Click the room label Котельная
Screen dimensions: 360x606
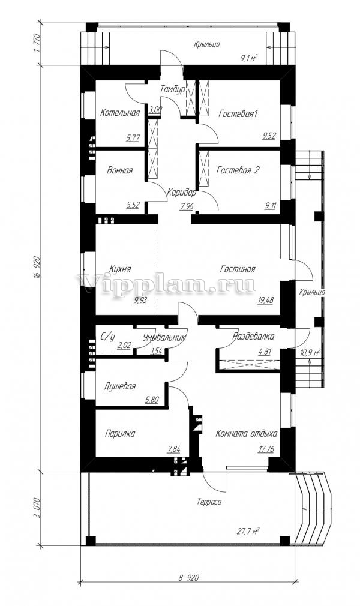pyautogui.click(x=120, y=113)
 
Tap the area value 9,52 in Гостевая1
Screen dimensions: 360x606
pyautogui.click(x=269, y=136)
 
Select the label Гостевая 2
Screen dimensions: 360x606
pyautogui.click(x=238, y=170)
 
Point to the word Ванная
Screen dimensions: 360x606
pyautogui.click(x=119, y=170)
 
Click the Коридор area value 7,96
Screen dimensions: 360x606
pyautogui.click(x=187, y=206)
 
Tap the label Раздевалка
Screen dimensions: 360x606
pyautogui.click(x=253, y=336)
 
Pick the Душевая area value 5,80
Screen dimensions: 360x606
pyautogui.click(x=152, y=400)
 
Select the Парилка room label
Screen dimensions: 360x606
pyautogui.click(x=120, y=434)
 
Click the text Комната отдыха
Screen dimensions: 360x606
pyautogui.click(x=247, y=434)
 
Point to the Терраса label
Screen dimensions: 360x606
pyautogui.click(x=209, y=502)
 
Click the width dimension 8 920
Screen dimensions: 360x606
pyautogui.click(x=189, y=578)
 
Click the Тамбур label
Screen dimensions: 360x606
pyautogui.click(x=173, y=89)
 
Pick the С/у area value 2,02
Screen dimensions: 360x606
pyautogui.click(x=124, y=345)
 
